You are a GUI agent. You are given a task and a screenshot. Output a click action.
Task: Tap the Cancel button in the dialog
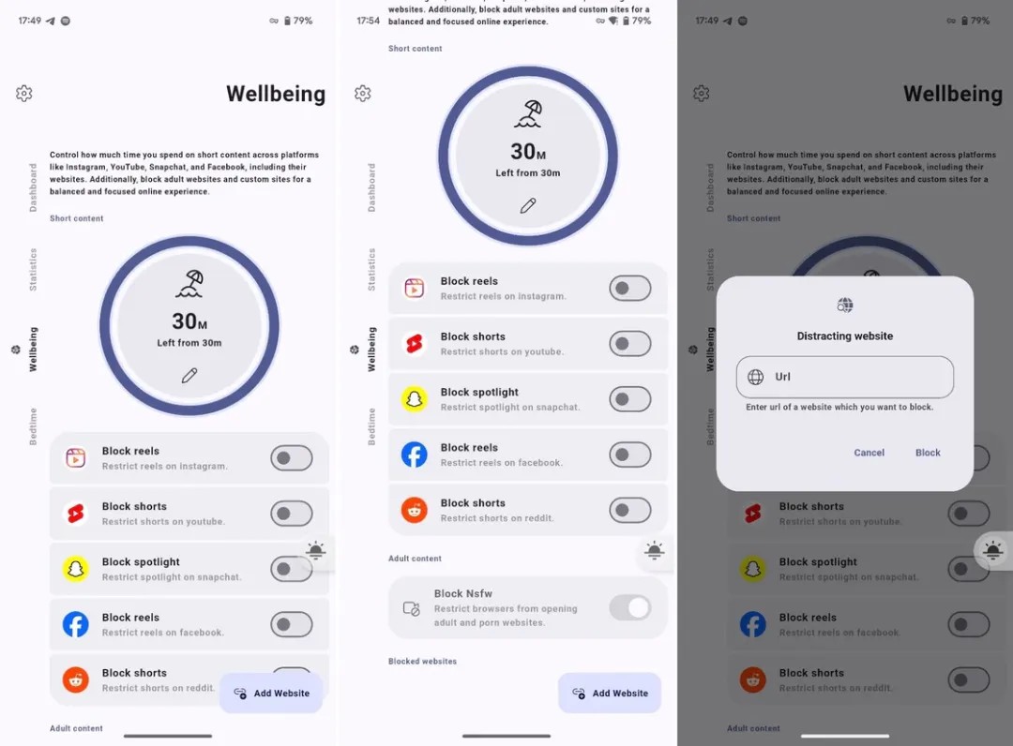pyautogui.click(x=869, y=453)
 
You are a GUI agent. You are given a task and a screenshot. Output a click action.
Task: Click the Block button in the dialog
pyautogui.click(x=928, y=453)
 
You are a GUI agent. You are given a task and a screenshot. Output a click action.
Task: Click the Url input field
pyautogui.click(x=844, y=377)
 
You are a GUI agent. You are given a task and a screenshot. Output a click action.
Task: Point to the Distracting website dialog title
pyautogui.click(x=844, y=336)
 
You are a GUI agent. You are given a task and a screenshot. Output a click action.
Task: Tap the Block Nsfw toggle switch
pyautogui.click(x=630, y=607)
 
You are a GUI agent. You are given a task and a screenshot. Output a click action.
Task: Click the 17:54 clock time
pyautogui.click(x=369, y=21)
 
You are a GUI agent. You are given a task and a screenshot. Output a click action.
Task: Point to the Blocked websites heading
pyautogui.click(x=422, y=662)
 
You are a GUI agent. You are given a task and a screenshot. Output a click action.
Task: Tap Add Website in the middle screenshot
pyautogui.click(x=610, y=694)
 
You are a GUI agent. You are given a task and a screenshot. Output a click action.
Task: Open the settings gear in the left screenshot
pyautogui.click(x=23, y=94)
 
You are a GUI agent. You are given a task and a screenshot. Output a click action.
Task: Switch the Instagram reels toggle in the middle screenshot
pyautogui.click(x=630, y=289)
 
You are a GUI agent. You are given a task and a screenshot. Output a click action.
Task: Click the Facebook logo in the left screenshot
pyautogui.click(x=76, y=625)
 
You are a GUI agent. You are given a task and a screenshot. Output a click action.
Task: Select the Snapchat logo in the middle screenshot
pyautogui.click(x=415, y=399)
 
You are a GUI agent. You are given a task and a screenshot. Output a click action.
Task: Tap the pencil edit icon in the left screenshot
pyautogui.click(x=189, y=376)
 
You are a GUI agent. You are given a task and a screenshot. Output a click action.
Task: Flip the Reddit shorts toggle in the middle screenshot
pyautogui.click(x=630, y=511)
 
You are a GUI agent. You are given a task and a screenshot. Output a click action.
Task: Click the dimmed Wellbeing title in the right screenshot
pyautogui.click(x=953, y=95)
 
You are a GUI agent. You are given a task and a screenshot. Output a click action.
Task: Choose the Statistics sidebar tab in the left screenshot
pyautogui.click(x=33, y=270)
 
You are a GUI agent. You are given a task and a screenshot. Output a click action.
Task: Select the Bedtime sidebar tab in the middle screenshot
pyautogui.click(x=371, y=426)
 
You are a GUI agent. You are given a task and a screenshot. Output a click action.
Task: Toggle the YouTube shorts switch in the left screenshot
pyautogui.click(x=292, y=514)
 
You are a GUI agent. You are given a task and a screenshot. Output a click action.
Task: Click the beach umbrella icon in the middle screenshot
pyautogui.click(x=528, y=113)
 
